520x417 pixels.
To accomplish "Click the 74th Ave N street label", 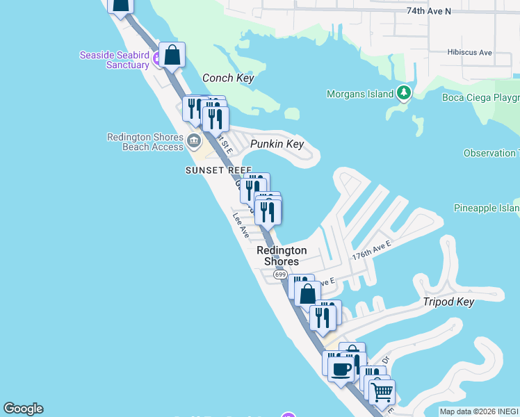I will [428, 11].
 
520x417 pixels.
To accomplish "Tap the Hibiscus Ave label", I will [471, 52].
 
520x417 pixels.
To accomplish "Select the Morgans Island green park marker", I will [404, 93].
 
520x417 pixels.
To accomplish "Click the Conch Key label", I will [228, 79].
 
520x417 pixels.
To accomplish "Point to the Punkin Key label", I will [277, 144].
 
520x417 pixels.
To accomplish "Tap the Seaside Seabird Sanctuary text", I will [115, 60].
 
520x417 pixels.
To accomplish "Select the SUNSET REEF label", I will [218, 170].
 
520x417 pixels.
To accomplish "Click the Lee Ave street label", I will [241, 225].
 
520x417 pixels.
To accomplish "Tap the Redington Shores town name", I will [282, 256].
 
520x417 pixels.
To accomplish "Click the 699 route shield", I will [279, 275].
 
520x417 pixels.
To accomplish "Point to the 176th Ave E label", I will [371, 250].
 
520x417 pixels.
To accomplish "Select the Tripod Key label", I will [448, 302].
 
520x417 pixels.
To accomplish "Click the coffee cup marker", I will [341, 368].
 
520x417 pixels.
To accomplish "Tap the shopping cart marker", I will [382, 392].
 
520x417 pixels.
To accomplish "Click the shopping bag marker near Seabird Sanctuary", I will [172, 55].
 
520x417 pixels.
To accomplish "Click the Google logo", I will [23, 409].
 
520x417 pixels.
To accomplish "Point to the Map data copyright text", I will [479, 411].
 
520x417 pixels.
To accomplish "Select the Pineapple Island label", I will [487, 208].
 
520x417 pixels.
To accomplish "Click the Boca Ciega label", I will [480, 97].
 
